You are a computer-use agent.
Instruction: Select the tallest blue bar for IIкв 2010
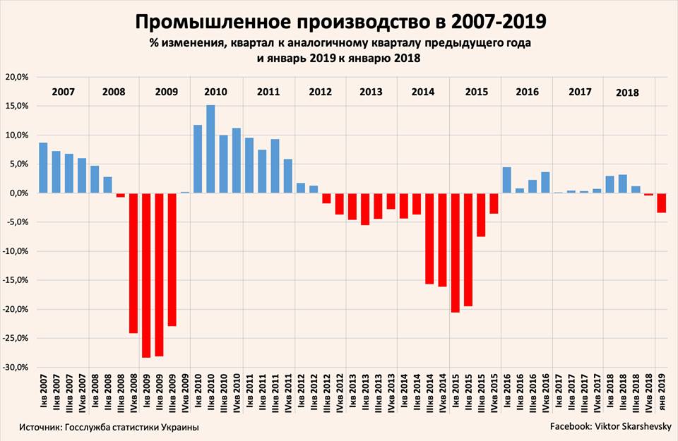coord(210,149)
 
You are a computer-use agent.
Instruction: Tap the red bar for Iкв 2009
coord(146,275)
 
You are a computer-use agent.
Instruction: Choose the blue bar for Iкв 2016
coord(506,180)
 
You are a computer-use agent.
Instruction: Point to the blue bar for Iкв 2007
coord(43,168)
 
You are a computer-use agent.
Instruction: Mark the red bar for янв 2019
coord(661,203)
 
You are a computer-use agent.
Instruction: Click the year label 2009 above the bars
coord(167,92)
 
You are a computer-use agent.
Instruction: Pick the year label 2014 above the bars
coord(422,92)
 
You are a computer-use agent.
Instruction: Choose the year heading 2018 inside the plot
coord(627,92)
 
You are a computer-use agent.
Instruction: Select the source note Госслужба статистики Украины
coord(109,427)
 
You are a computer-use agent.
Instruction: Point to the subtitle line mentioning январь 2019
coord(339,59)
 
